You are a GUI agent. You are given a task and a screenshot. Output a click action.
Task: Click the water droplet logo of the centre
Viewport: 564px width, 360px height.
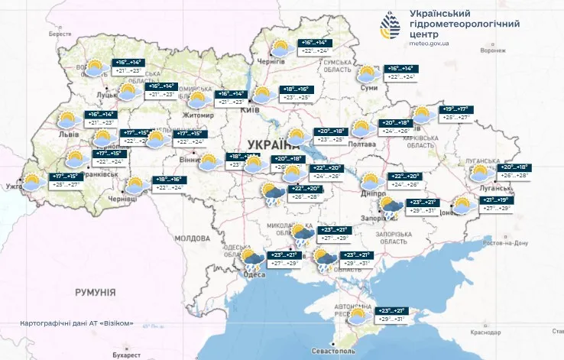pos(388,27)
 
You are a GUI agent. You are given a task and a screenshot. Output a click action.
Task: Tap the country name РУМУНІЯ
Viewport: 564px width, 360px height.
pos(95,292)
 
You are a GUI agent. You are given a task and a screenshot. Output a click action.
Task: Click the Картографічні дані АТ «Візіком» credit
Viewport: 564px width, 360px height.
pos(77,323)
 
